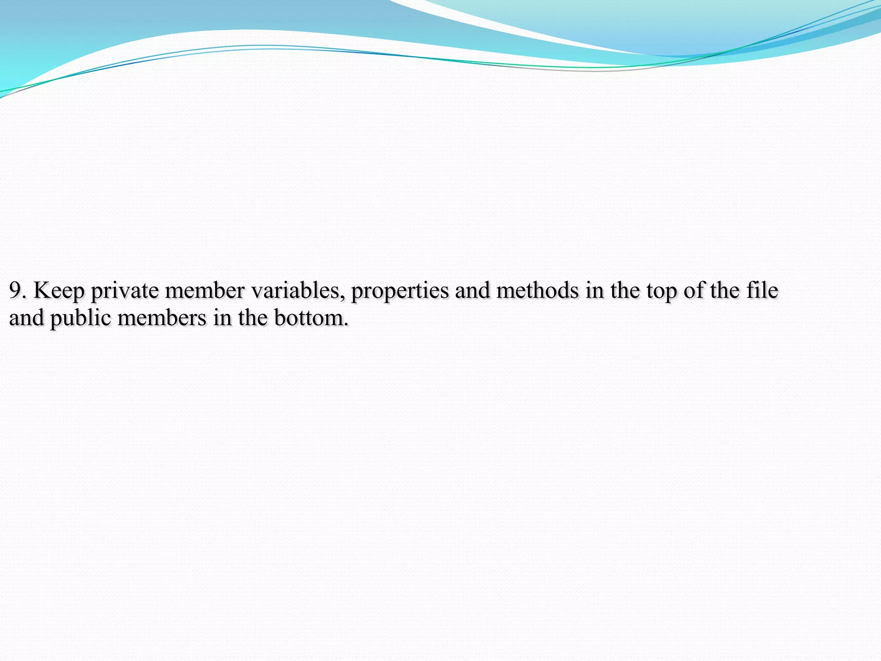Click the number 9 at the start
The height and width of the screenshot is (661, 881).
pyautogui.click(x=15, y=290)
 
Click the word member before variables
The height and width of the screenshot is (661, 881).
pyautogui.click(x=205, y=290)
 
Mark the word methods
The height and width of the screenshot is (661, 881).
pyautogui.click(x=537, y=290)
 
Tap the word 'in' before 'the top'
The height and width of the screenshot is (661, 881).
pyautogui.click(x=595, y=290)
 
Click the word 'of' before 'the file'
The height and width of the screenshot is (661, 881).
pyautogui.click(x=693, y=290)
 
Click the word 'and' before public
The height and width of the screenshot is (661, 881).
pyautogui.click(x=26, y=318)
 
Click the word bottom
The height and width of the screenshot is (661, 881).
pyautogui.click(x=311, y=318)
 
